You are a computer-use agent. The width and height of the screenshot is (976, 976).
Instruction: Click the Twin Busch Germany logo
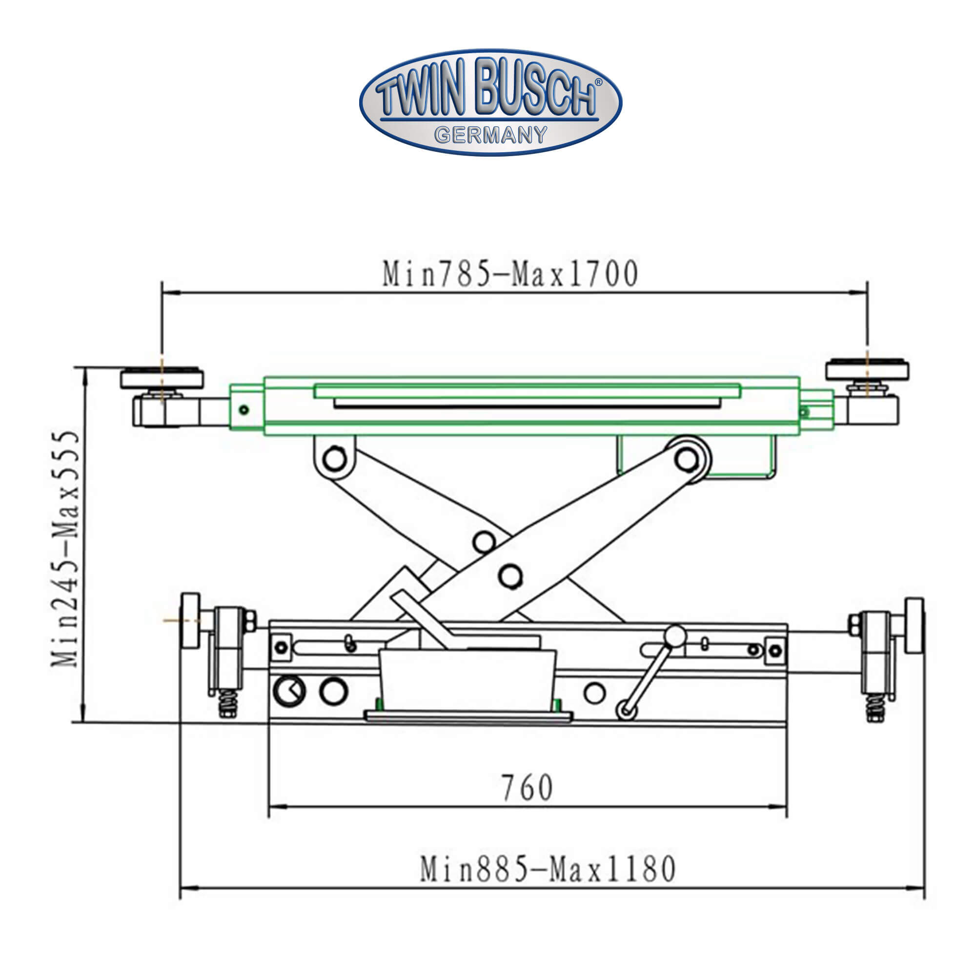click(490, 102)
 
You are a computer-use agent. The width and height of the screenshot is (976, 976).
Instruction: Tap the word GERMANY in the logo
click(490, 135)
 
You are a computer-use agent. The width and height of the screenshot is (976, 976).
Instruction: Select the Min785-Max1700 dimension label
click(510, 274)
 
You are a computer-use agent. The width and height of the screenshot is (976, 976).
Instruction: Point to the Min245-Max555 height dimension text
click(66, 549)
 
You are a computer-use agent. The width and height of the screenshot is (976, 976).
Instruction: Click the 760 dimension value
click(527, 788)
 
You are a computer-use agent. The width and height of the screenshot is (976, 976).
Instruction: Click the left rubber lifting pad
click(162, 378)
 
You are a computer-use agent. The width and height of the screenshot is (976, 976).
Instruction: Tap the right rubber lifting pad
click(867, 370)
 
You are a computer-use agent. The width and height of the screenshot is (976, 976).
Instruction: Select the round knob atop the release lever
click(674, 635)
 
